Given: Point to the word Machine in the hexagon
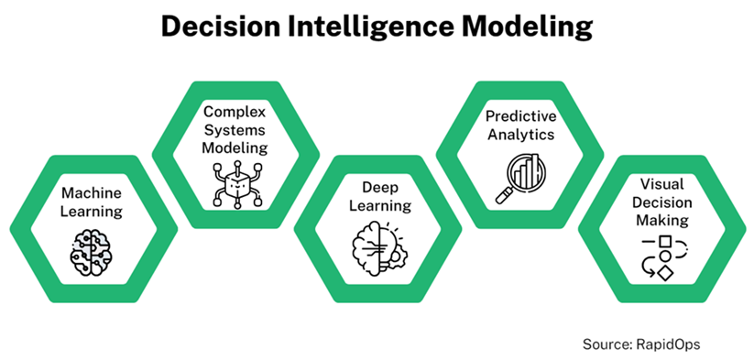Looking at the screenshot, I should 92,193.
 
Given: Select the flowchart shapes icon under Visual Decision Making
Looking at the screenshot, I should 662,257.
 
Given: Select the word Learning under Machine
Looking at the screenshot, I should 92,212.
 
